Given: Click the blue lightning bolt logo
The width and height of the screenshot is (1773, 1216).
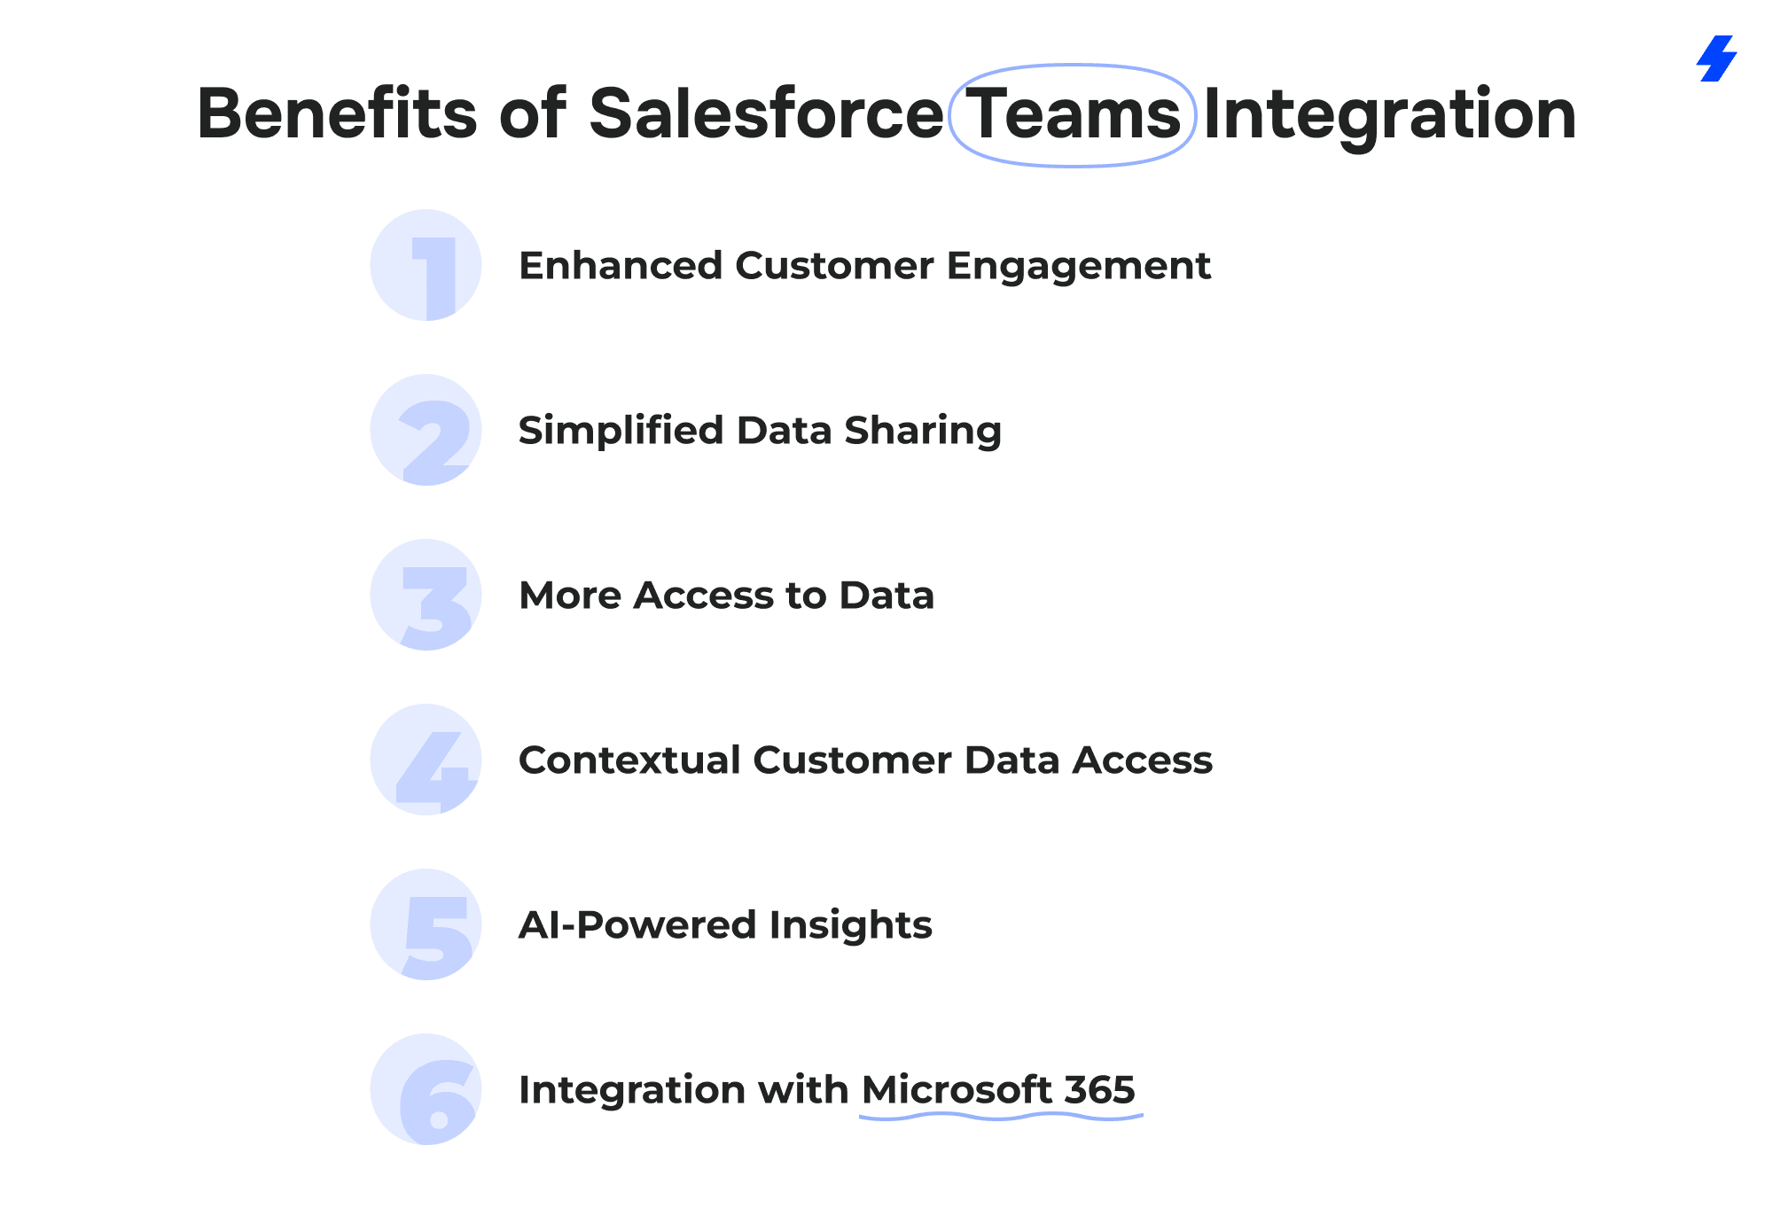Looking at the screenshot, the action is pyautogui.click(x=1716, y=58).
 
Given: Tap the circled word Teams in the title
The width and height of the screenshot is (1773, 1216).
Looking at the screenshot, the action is pyautogui.click(x=1073, y=114).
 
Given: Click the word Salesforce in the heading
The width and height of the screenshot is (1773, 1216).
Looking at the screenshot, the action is pyautogui.click(x=766, y=113).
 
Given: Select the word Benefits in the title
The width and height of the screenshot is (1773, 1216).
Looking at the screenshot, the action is pyautogui.click(x=337, y=113).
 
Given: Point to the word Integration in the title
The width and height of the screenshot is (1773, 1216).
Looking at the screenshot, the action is pyautogui.click(x=1389, y=117).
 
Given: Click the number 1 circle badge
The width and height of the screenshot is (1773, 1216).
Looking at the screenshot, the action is pyautogui.click(x=426, y=265).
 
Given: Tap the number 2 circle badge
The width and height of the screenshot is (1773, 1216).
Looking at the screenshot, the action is pyautogui.click(x=426, y=430).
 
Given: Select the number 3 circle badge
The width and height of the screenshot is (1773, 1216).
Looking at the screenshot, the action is pyautogui.click(x=426, y=595).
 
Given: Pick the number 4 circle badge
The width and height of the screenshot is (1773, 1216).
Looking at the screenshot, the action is pyautogui.click(x=426, y=760).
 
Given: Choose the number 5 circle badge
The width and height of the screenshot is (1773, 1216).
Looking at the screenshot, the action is pyautogui.click(x=426, y=924).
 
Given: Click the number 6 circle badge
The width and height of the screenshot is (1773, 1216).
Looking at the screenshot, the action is pyautogui.click(x=426, y=1089).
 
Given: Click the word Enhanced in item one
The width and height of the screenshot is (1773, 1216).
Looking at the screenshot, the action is pyautogui.click(x=621, y=266).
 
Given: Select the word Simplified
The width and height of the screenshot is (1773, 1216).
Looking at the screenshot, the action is pyautogui.click(x=621, y=432).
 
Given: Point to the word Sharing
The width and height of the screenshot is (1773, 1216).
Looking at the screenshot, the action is pyautogui.click(x=923, y=432).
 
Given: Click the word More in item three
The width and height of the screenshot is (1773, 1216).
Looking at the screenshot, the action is pyautogui.click(x=570, y=596).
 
